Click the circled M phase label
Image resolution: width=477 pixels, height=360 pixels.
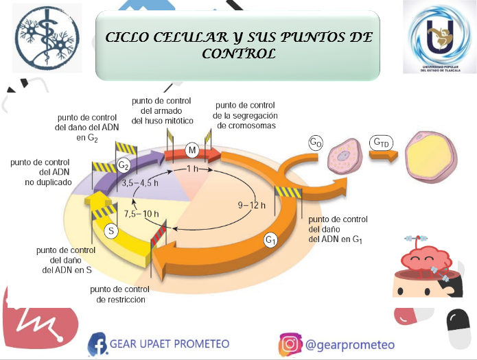coord(192,150)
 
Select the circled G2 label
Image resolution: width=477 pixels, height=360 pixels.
coord(124,166)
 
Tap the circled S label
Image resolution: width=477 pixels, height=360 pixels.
coord(111,231)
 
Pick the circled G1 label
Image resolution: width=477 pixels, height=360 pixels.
coord(270,240)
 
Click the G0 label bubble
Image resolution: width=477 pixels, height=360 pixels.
coord(316,143)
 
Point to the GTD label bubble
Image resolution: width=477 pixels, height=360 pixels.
coord(381,143)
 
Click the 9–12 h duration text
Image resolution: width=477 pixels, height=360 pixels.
coord(252,206)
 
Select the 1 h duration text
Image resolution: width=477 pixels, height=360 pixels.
coord(192,169)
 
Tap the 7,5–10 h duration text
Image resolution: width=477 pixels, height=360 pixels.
coord(141,214)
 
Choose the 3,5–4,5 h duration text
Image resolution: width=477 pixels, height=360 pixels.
coord(140,183)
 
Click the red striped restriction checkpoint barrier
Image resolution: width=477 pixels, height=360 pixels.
coord(159,234)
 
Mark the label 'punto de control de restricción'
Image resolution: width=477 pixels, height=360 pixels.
coord(120,294)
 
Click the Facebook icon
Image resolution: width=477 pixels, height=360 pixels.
coord(97,344)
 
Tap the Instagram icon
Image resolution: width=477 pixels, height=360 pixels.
coord(290,344)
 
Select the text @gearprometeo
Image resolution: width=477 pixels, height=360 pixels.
coord(350,345)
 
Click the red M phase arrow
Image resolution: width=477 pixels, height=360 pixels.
coord(192,154)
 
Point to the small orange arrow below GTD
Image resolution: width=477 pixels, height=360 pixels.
coord(384,156)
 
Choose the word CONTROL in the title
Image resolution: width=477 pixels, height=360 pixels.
coord(239,53)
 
